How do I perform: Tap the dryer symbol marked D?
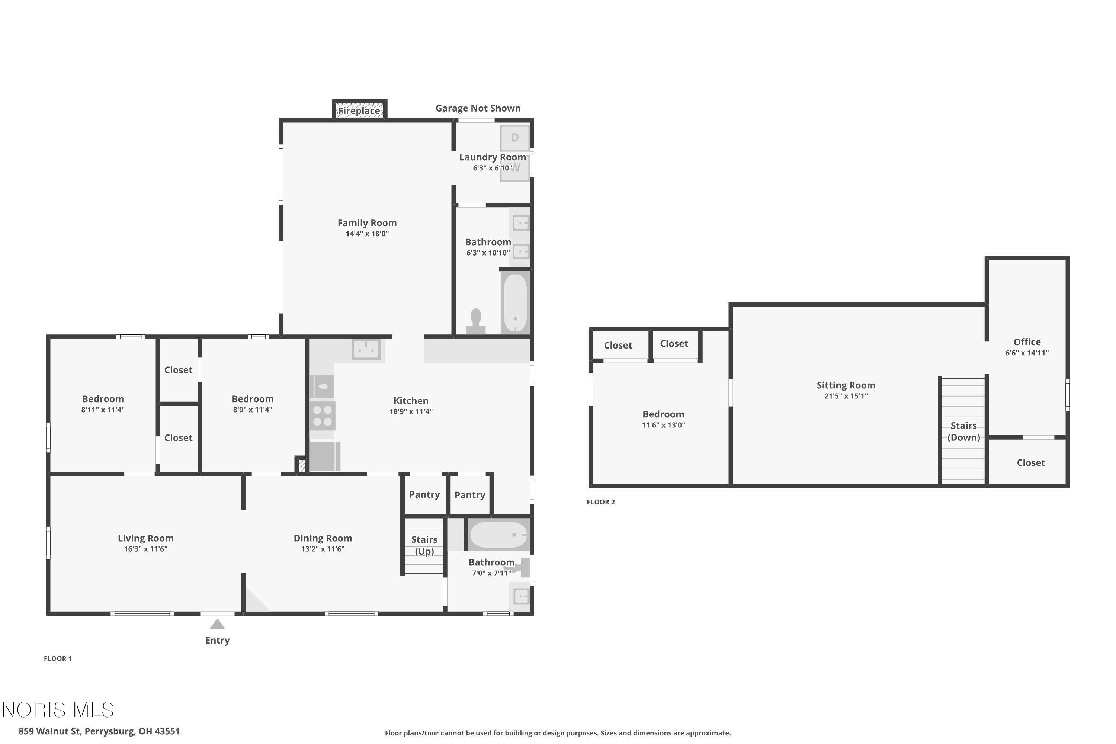(515, 138)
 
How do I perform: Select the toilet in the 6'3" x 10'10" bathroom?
(475, 322)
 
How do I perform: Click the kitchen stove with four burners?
(323, 416)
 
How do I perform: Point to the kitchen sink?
(366, 350)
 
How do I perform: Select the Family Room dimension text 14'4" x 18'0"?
(367, 234)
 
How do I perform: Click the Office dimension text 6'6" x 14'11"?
(1027, 353)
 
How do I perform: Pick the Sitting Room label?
(846, 385)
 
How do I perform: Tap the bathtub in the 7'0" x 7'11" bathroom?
(498, 535)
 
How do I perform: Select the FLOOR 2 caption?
(601, 502)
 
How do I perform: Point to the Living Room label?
(146, 538)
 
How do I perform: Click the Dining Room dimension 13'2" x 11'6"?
(323, 549)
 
